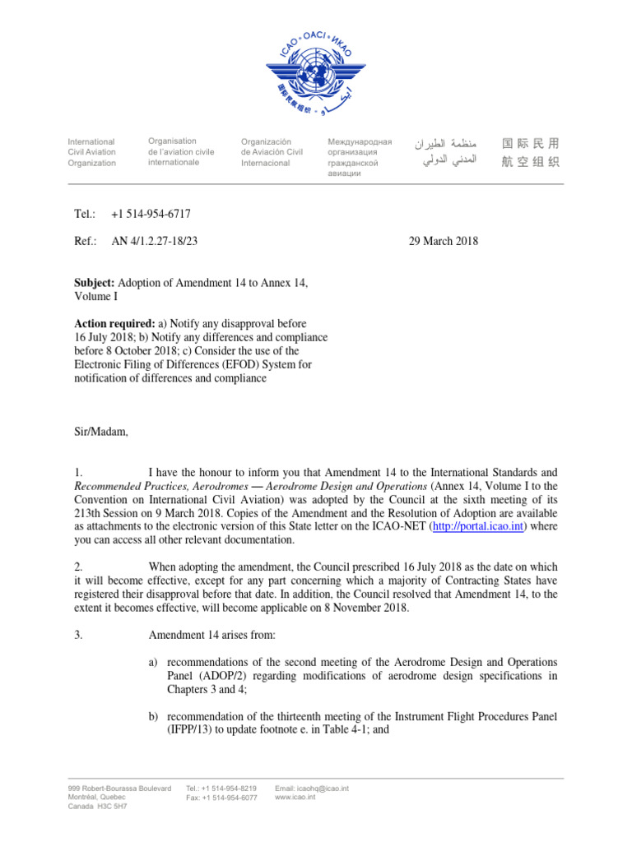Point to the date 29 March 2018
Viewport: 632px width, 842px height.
[444, 241]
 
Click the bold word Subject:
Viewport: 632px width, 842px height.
[95, 283]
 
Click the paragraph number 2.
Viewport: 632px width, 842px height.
[78, 567]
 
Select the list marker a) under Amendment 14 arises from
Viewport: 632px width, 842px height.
[153, 662]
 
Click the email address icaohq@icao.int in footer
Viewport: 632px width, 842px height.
[312, 789]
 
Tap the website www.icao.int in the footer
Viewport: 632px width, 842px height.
[294, 798]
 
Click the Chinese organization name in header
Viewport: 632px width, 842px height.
[531, 152]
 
